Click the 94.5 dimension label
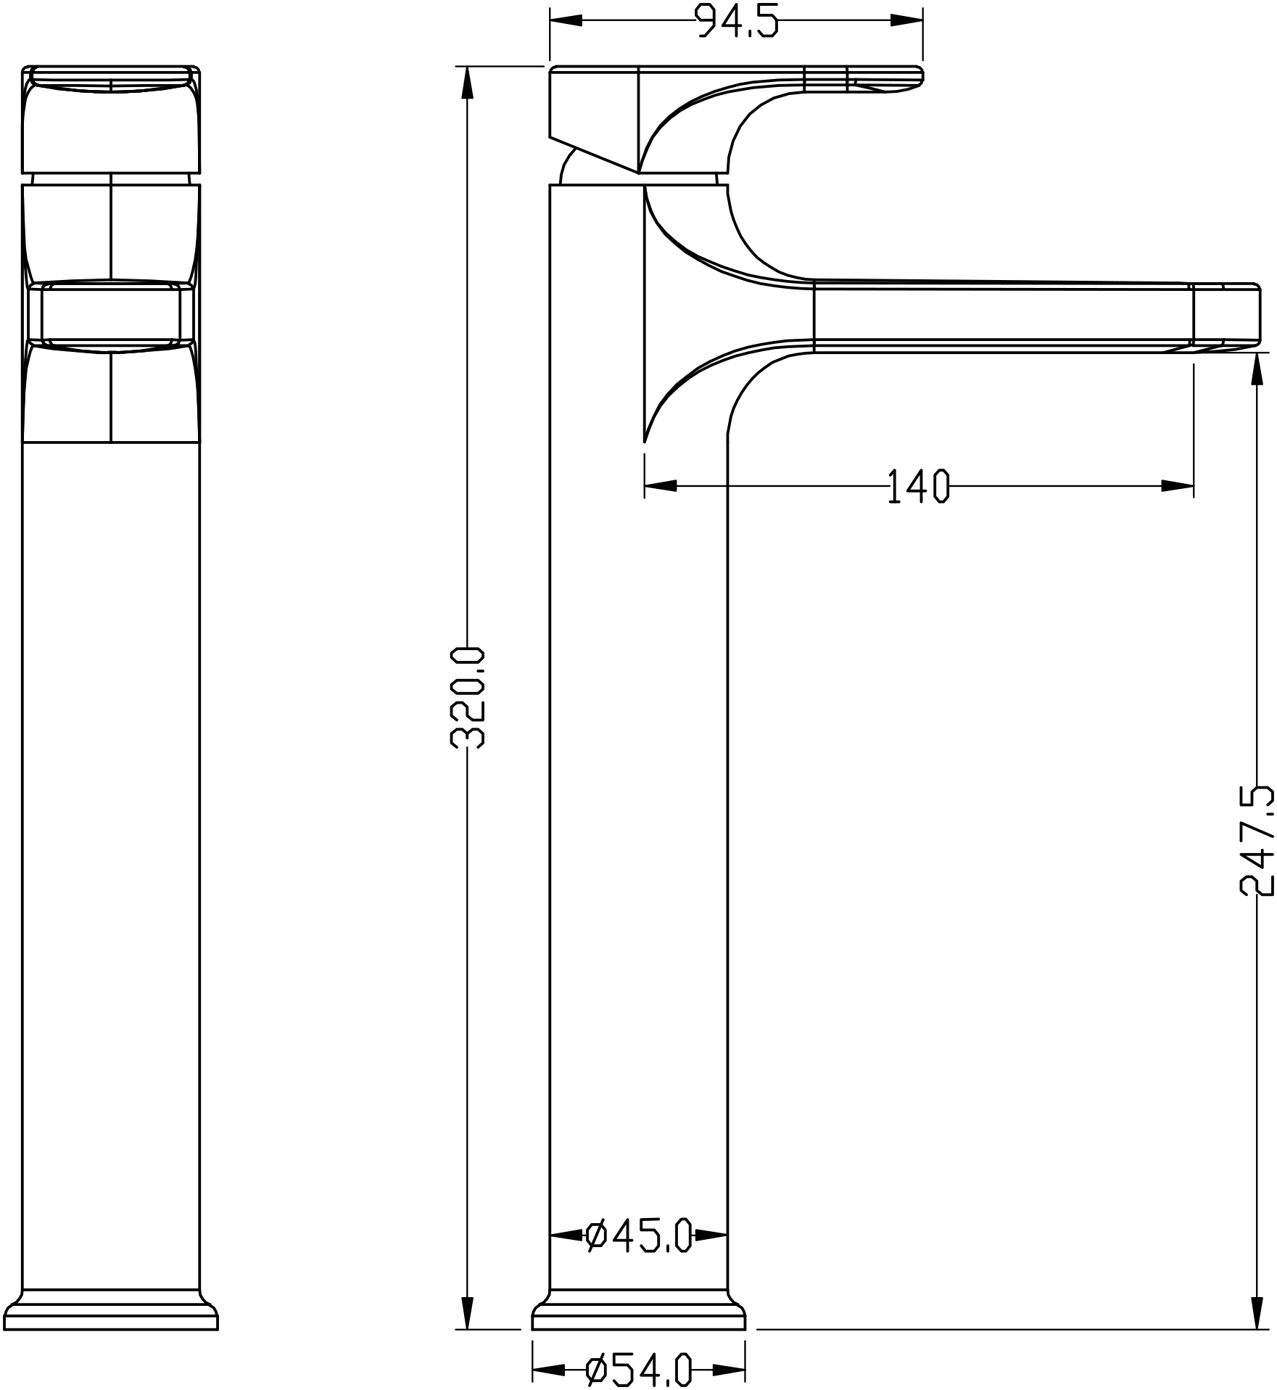[x=737, y=20]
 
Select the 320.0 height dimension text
[x=468, y=697]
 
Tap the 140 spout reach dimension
[x=918, y=486]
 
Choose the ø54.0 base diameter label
[x=639, y=1370]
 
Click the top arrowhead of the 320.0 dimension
[x=468, y=83]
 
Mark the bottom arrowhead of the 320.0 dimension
[x=468, y=1312]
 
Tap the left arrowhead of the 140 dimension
[x=661, y=486]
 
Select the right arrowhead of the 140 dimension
[x=1178, y=486]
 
